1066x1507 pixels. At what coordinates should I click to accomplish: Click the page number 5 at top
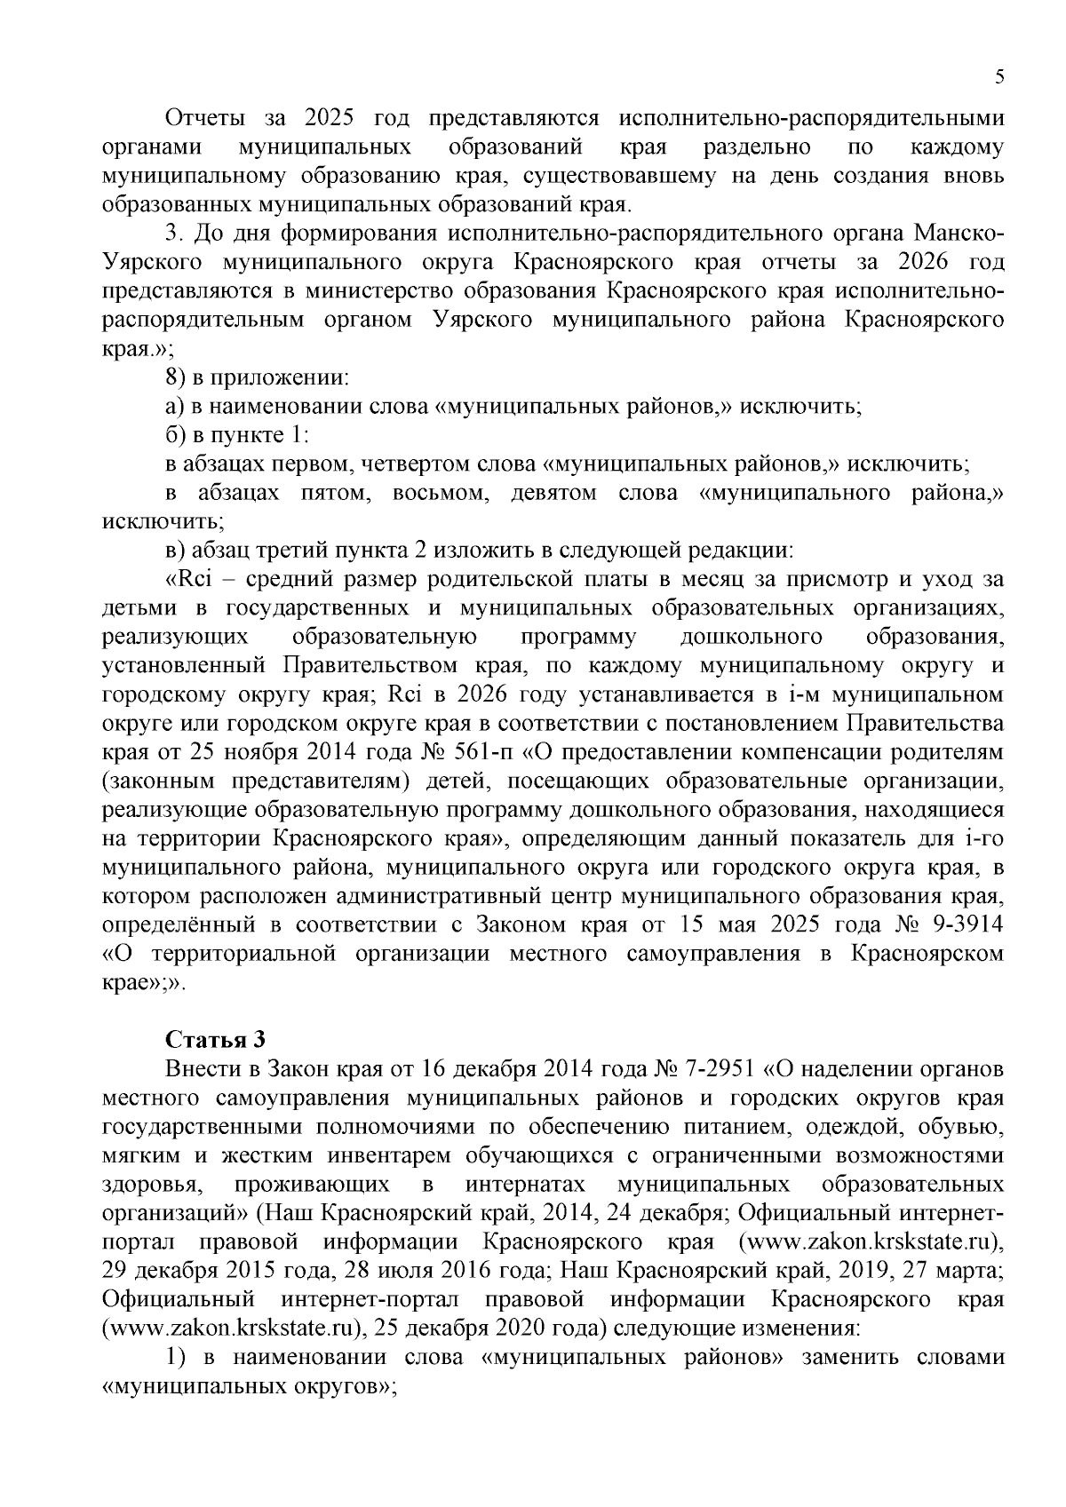[999, 77]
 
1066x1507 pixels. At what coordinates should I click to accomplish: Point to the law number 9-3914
[964, 924]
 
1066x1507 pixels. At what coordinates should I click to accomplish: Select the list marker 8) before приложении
[175, 378]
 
